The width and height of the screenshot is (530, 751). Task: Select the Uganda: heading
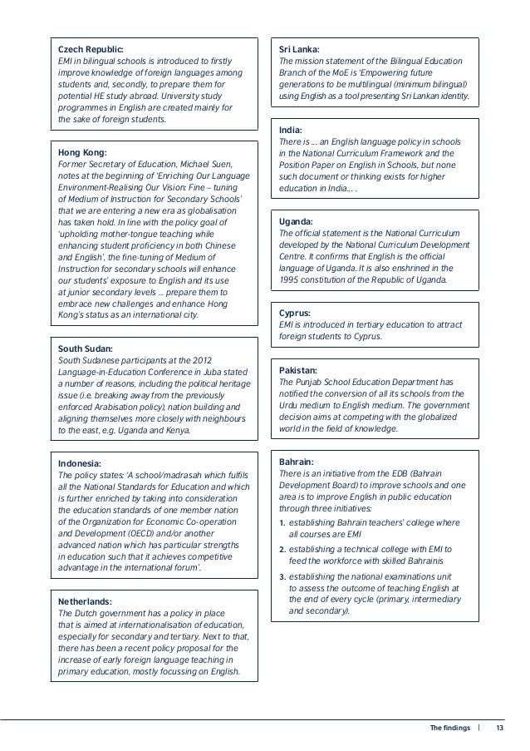pyautogui.click(x=297, y=222)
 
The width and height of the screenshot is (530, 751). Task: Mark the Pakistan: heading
pyautogui.click(x=300, y=370)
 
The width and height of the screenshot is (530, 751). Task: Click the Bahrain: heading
pyautogui.click(x=297, y=462)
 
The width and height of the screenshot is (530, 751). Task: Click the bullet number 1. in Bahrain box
pyautogui.click(x=282, y=521)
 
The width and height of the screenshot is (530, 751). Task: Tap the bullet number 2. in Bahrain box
pyautogui.click(x=282, y=551)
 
